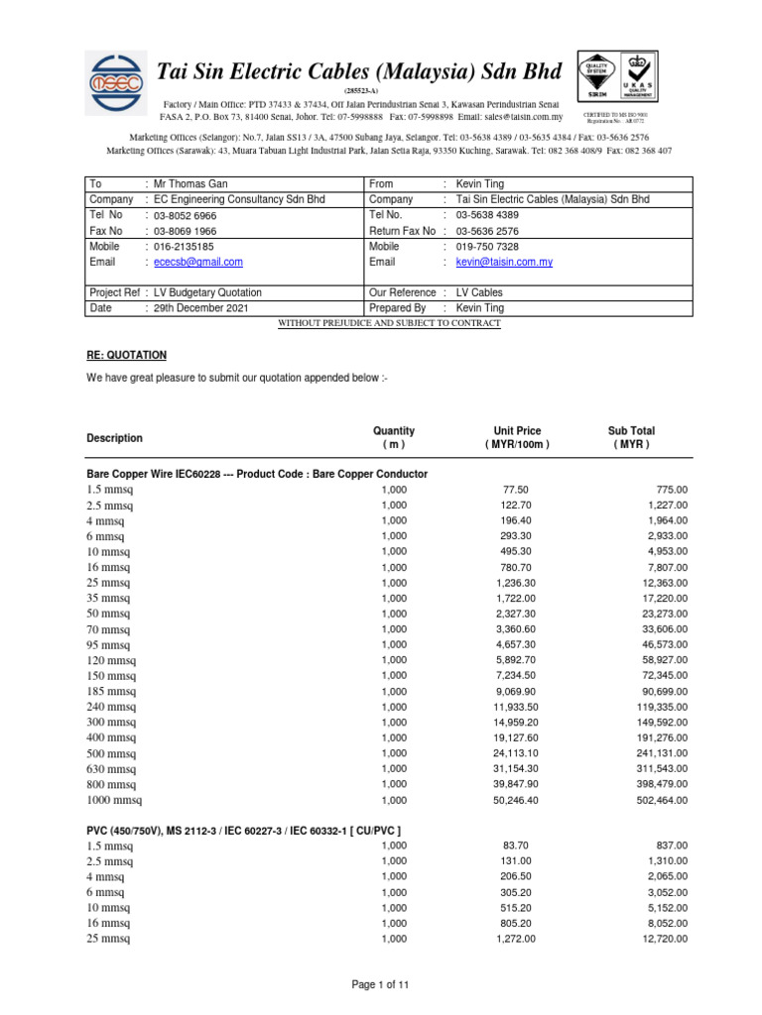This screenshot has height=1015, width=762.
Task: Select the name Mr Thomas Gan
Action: (186, 184)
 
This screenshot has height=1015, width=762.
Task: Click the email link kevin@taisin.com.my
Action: (504, 262)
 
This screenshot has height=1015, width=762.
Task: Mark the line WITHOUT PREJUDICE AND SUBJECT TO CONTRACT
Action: (389, 323)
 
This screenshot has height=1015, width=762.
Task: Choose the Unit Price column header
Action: (517, 437)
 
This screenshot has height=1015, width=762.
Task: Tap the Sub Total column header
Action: (631, 437)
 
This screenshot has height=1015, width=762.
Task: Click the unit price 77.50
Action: (517, 490)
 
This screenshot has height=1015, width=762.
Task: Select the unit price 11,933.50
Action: (517, 706)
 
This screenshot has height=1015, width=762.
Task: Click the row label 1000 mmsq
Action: (119, 799)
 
